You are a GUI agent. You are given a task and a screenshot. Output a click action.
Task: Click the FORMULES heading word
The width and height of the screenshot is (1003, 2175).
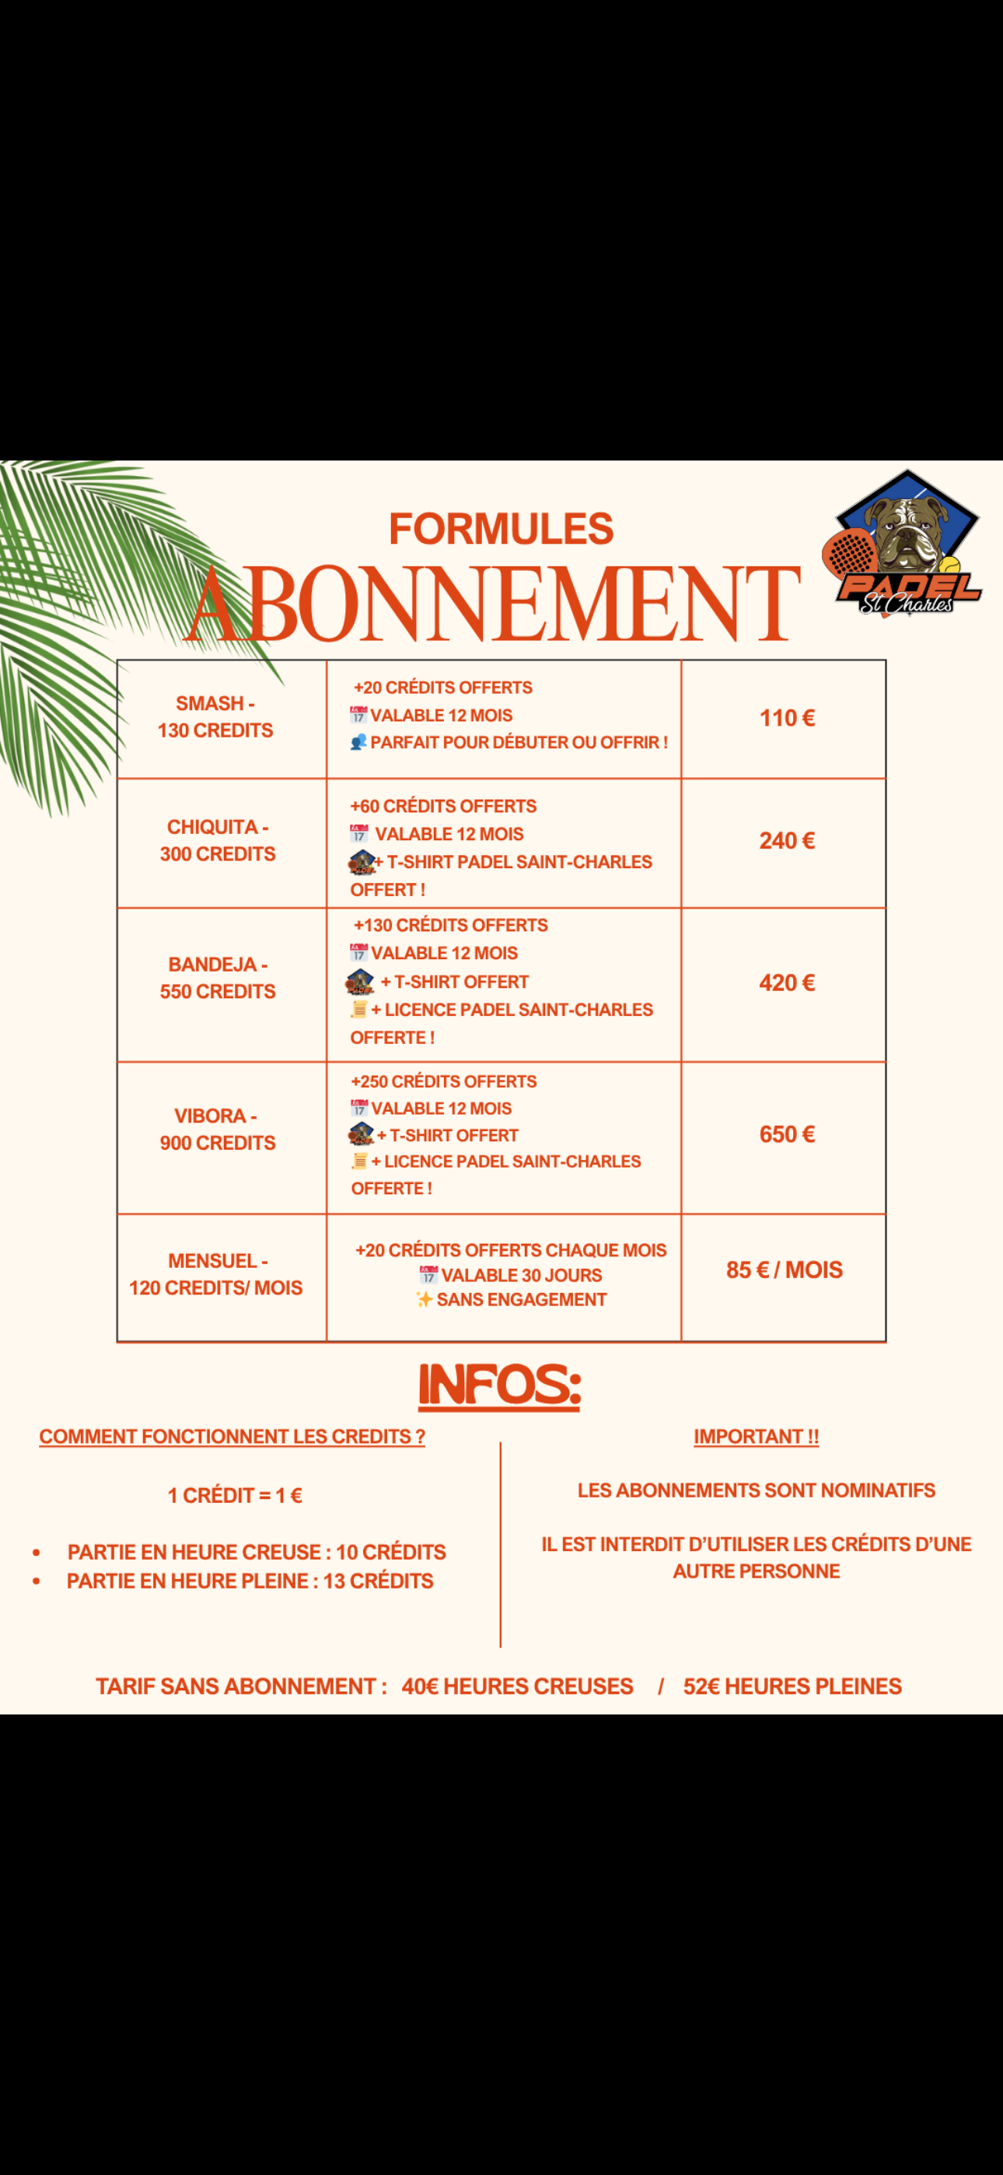click(x=501, y=530)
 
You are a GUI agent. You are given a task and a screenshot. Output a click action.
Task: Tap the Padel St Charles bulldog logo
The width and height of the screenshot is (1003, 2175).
click(x=903, y=543)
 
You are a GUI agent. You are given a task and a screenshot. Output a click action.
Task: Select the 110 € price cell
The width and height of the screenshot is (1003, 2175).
click(x=786, y=719)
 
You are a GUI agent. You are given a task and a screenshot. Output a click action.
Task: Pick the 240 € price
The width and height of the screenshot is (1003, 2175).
click(x=786, y=841)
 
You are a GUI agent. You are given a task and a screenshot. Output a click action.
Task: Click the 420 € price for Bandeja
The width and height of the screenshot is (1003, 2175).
click(x=786, y=982)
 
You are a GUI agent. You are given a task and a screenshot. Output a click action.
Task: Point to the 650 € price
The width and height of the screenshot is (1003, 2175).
click(x=786, y=1134)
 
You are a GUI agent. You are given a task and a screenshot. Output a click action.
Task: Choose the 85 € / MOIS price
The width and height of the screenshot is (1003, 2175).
click(x=785, y=1270)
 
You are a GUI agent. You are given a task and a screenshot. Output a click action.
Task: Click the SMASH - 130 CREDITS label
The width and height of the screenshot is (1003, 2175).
click(x=215, y=717)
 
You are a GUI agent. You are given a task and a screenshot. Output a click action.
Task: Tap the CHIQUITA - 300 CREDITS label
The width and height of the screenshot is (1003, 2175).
click(x=218, y=840)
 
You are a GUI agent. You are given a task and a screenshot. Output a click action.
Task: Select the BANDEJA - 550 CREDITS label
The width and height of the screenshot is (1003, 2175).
click(x=218, y=978)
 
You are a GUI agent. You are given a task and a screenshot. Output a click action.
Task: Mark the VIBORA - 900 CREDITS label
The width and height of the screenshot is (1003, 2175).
click(x=218, y=1129)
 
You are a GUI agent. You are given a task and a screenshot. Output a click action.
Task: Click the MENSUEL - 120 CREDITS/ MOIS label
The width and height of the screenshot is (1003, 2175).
click(x=216, y=1274)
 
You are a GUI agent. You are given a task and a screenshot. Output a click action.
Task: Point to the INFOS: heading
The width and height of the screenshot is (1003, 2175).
click(x=500, y=1386)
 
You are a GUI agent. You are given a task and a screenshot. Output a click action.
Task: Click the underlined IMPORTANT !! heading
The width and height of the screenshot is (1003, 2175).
click(x=756, y=1436)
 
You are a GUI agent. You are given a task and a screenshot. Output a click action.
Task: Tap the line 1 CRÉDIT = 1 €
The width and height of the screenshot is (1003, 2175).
click(x=235, y=1495)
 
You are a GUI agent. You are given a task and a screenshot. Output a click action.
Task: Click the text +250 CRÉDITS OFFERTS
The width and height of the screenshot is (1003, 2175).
click(x=443, y=1081)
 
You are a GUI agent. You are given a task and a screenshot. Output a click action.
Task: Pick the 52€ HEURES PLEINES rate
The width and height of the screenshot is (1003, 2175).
click(x=792, y=1686)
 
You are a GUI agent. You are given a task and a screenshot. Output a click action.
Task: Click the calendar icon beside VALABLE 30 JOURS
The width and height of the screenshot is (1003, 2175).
click(x=428, y=1275)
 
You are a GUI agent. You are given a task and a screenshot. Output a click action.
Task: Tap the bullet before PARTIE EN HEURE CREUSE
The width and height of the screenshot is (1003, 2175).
click(x=37, y=1553)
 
